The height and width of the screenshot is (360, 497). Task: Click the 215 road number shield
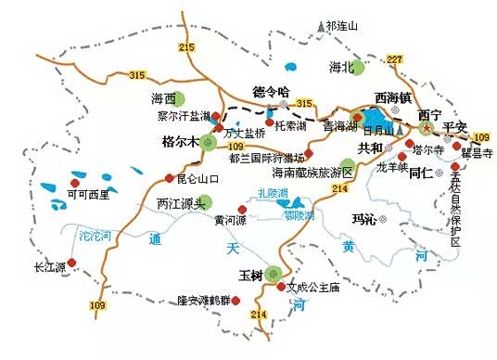pyautogui.click(x=189, y=47)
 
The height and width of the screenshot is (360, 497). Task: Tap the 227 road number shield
pyautogui.click(x=395, y=59)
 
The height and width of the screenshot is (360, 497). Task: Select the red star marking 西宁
pyautogui.click(x=427, y=127)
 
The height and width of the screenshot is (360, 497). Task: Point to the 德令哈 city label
pyautogui.click(x=272, y=91)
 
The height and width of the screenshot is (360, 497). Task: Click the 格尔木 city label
pyautogui.click(x=181, y=142)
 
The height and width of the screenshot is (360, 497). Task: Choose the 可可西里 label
pyautogui.click(x=89, y=194)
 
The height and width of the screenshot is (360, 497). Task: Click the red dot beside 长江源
pyautogui.click(x=70, y=263)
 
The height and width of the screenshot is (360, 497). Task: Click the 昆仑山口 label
pyautogui.click(x=198, y=177)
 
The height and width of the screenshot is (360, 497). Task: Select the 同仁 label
pyautogui.click(x=422, y=172)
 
